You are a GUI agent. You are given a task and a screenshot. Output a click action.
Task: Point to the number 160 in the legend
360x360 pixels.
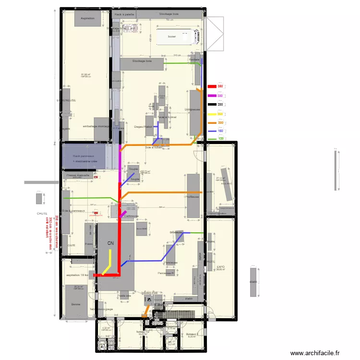coord(220,131)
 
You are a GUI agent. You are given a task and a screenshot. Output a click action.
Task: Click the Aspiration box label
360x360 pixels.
coord(87,18)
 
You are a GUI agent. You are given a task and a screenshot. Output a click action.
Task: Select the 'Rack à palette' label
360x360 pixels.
coord(124,14)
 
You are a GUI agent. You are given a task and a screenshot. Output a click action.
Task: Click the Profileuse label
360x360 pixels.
coord(192,196)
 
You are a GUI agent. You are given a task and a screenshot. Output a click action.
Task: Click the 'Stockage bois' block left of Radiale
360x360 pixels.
coord(142,62)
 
